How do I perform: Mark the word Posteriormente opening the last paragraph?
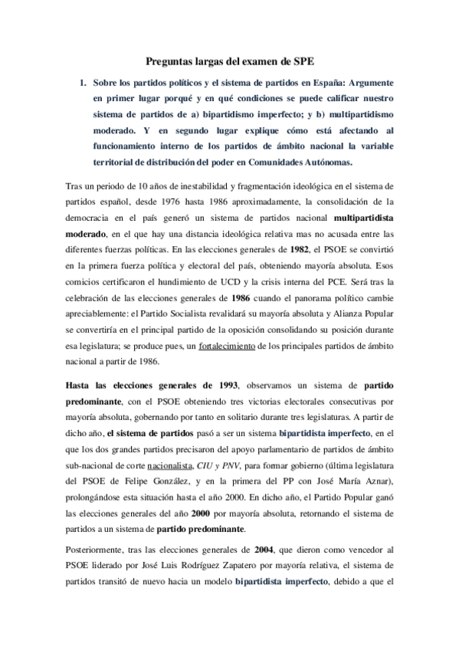click(95, 549)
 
